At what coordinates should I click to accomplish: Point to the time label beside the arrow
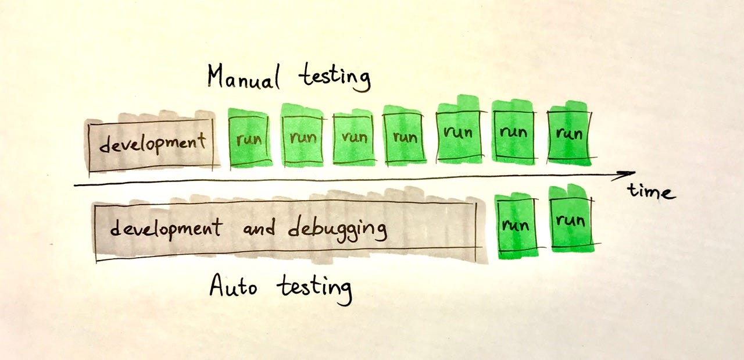[650, 191]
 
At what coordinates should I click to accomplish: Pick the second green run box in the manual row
[302, 137]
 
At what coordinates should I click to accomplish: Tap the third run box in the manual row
[354, 137]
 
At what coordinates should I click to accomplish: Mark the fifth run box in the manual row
[458, 133]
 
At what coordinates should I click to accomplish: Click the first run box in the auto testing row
[515, 225]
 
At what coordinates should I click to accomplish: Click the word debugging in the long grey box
[337, 229]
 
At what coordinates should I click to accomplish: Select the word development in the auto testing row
[166, 228]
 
